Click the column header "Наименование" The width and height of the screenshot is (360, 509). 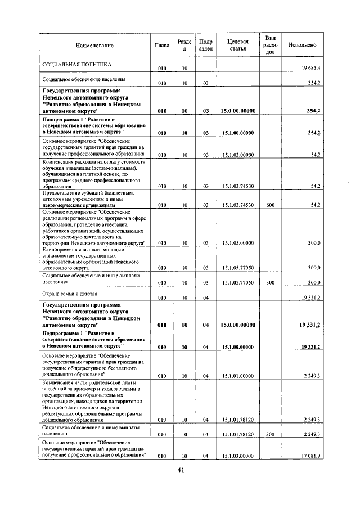point(93,45)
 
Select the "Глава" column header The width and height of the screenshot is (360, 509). point(162,45)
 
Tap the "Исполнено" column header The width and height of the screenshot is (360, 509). point(302,45)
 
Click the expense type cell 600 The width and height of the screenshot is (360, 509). point(269,205)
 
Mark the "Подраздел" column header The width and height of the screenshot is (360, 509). point(206,45)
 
